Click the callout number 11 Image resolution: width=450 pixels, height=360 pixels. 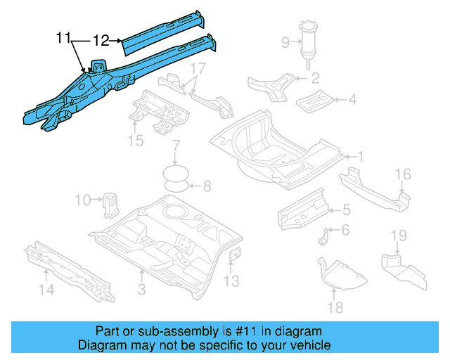pyautogui.click(x=64, y=39)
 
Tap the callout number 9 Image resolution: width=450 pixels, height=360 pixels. pyautogui.click(x=285, y=43)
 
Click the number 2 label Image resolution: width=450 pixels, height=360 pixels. pyautogui.click(x=316, y=78)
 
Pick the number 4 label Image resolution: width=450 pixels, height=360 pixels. pyautogui.click(x=352, y=101)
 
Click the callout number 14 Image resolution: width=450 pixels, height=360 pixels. pyautogui.click(x=46, y=288)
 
